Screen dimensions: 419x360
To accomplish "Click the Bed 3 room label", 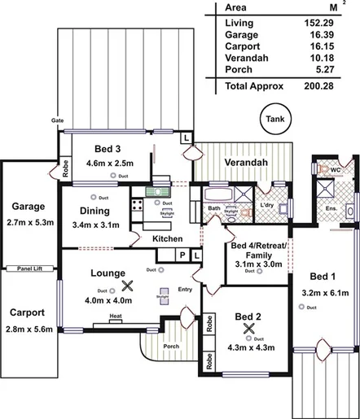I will tap(107, 149).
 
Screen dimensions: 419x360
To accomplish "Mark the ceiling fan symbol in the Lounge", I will tap(126, 286).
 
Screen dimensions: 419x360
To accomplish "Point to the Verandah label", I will tap(246, 164).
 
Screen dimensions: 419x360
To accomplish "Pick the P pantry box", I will tap(183, 255).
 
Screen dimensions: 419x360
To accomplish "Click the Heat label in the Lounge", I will tap(116, 316).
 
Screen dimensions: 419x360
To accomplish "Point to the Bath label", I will tap(214, 208).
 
